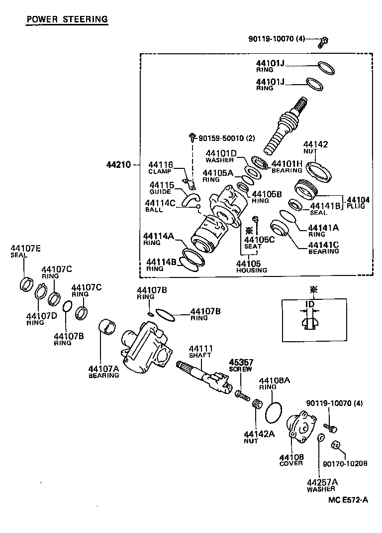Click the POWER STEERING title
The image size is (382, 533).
click(x=67, y=19)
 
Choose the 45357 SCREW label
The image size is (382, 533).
click(x=240, y=365)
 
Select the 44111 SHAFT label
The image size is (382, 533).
click(x=200, y=352)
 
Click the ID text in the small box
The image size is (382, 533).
click(x=310, y=304)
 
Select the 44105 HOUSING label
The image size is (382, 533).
click(x=251, y=266)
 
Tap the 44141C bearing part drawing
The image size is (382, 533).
click(x=281, y=229)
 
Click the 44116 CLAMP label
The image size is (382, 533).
click(x=160, y=167)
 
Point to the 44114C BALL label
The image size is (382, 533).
click(x=159, y=206)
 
